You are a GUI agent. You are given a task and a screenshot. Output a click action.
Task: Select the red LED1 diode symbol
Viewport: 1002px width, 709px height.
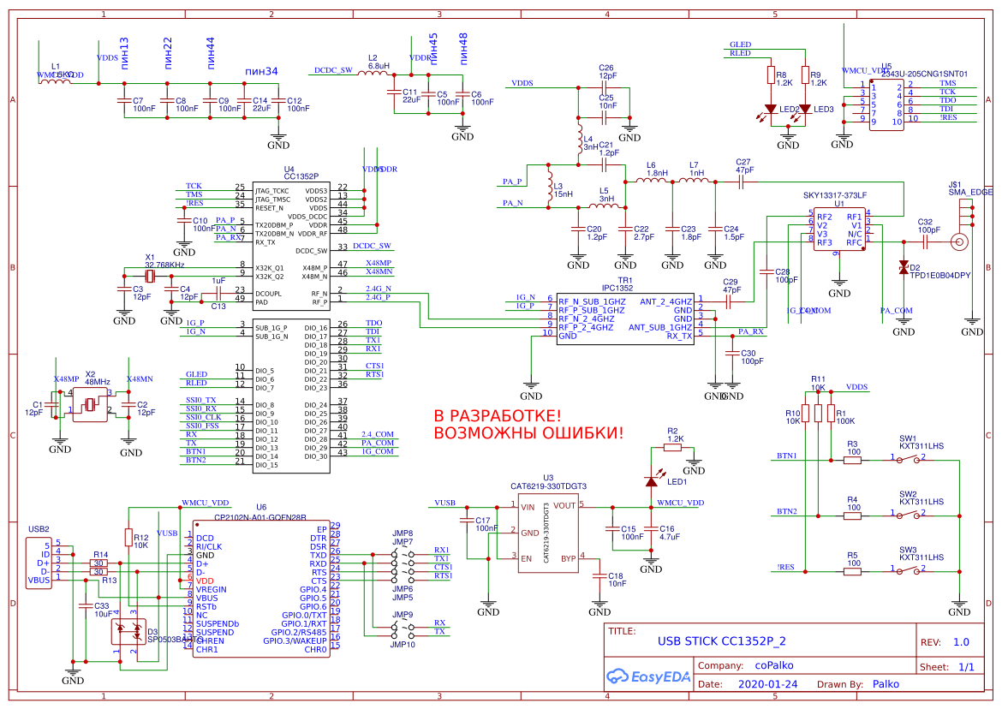652,481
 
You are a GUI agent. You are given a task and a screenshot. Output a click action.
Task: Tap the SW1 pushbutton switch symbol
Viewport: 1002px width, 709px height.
909,460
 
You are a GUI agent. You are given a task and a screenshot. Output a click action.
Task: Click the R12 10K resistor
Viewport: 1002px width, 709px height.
128,538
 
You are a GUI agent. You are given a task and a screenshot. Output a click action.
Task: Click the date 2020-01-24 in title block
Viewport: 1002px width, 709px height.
766,685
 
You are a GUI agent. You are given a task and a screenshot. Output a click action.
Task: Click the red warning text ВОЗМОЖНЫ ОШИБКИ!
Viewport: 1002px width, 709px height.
529,433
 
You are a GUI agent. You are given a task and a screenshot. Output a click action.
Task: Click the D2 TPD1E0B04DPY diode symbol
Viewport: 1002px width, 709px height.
904,268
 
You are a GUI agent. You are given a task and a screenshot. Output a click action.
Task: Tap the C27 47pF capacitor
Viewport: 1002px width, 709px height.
743,181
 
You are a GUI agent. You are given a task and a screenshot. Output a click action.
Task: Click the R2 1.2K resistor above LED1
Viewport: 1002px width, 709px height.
674,446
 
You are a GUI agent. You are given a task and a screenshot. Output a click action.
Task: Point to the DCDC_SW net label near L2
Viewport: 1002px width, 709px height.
333,70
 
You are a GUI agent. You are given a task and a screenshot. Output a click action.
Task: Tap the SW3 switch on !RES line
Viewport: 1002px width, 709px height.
909,571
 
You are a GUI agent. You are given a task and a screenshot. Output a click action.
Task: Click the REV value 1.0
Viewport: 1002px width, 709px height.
961,642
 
